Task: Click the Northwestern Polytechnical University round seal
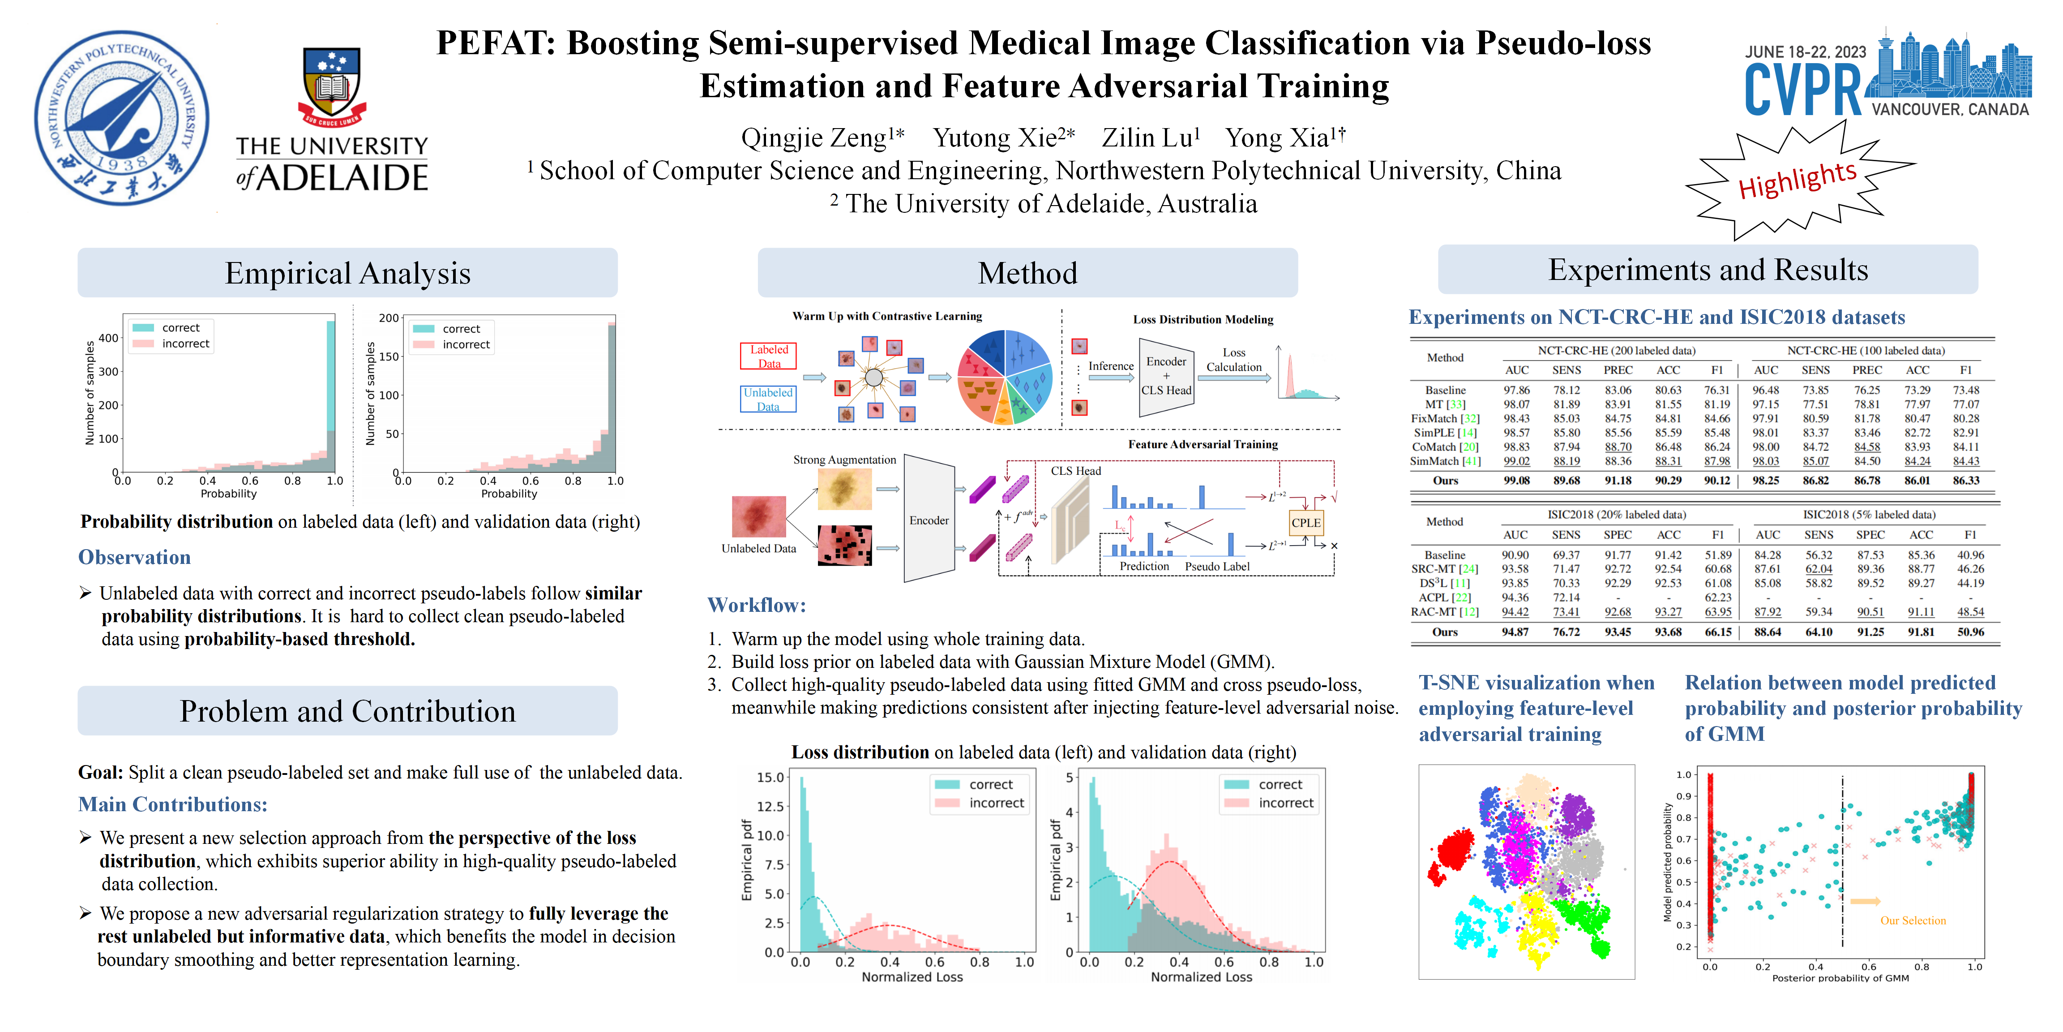click(122, 118)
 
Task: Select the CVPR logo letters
click(1803, 90)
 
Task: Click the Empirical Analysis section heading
click(347, 273)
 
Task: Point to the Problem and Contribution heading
click(347, 711)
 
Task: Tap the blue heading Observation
click(135, 558)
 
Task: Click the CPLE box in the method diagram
click(1305, 522)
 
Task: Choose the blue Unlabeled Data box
click(768, 399)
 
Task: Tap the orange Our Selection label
click(1913, 920)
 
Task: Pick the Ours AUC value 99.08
click(1516, 481)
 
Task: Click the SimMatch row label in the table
click(1446, 461)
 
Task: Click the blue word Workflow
click(756, 606)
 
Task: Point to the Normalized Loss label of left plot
click(912, 977)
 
